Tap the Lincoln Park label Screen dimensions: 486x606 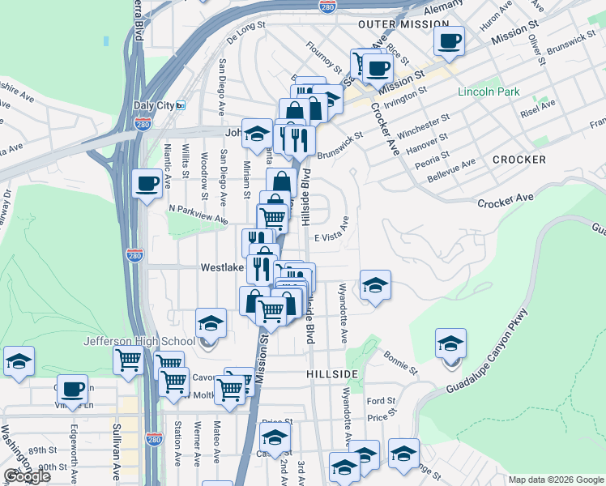click(489, 92)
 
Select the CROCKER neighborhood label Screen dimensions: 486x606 click(519, 160)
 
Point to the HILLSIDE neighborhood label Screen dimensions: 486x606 click(332, 373)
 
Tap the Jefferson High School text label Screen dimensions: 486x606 click(139, 341)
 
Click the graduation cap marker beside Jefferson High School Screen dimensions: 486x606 click(211, 322)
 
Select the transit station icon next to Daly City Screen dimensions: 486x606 click(181, 105)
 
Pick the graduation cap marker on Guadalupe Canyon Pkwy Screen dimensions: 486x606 click(450, 343)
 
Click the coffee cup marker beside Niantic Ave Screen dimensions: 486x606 click(147, 183)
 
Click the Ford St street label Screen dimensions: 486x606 click(380, 401)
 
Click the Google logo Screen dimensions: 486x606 click(27, 476)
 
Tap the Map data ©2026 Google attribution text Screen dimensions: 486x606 click(555, 479)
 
